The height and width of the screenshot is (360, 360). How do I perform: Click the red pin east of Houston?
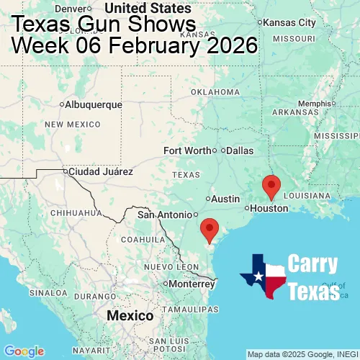(x=271, y=186)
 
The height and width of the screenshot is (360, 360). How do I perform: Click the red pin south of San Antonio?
(x=210, y=229)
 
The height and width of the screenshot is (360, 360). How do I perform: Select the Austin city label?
(x=225, y=198)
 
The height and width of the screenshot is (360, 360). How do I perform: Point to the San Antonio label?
(x=166, y=215)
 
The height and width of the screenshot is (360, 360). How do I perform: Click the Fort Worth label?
(x=187, y=150)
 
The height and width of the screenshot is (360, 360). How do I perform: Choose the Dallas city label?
(x=240, y=150)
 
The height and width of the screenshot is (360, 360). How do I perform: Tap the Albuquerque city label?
(x=93, y=104)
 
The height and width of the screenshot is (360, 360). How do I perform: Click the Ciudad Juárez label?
(x=100, y=172)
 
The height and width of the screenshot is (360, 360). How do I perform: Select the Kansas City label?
(x=289, y=23)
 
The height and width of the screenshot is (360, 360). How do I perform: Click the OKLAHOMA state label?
(x=216, y=92)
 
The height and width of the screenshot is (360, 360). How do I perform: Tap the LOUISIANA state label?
(x=307, y=196)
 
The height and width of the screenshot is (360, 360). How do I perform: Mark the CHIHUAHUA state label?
(x=76, y=213)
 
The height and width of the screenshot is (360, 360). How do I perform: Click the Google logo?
(x=24, y=351)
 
